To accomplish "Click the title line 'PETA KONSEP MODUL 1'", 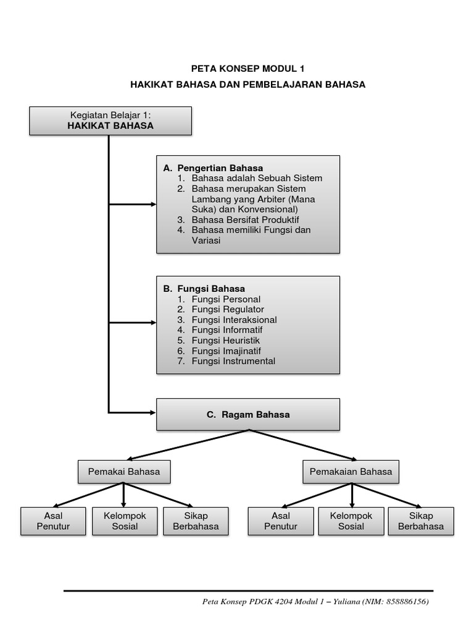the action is point(247,69).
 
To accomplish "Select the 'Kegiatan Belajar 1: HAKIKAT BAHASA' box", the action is point(110,121).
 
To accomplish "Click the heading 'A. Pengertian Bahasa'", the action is point(213,168).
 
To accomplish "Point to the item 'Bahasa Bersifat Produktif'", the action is point(245,219).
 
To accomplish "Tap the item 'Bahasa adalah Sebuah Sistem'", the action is point(257,178).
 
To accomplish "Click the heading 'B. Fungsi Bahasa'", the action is point(204,289).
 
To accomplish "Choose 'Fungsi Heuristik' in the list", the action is point(226,341).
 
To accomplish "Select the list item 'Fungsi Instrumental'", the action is point(233,361).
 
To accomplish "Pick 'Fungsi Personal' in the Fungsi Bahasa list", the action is point(226,299).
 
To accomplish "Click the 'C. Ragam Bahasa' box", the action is point(248,415).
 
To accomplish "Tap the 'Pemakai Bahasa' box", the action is point(124,472).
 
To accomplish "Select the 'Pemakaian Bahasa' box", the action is point(351,472).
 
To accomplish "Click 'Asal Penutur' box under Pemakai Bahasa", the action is point(53,521).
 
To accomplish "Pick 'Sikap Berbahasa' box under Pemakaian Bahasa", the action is point(421,521).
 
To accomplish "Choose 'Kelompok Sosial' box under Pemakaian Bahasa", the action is point(351,521).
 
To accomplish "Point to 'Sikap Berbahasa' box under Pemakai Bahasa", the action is point(196,521).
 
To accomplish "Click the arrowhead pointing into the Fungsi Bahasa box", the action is point(154,323).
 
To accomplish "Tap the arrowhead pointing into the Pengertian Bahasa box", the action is point(154,204).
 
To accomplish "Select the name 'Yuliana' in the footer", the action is point(347,601).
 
